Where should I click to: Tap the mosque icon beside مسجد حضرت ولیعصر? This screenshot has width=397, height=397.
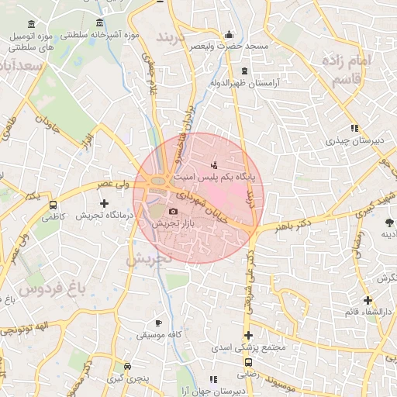pos(228,35)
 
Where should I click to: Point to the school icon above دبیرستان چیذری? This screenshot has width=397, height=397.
pos(354,128)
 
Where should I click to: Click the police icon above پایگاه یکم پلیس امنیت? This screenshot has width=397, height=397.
pos(214,165)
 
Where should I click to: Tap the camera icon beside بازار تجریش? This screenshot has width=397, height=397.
pos(173,211)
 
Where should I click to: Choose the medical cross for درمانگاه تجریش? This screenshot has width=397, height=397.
pos(105,203)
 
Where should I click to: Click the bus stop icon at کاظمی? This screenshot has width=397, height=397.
pos(53,206)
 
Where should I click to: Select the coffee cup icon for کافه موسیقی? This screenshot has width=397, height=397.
pos(159,323)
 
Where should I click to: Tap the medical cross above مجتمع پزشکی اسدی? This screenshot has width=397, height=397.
pos(248,335)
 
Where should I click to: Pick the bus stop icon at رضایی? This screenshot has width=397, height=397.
pos(248,362)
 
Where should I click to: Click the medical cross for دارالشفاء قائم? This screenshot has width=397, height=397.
pos(368,300)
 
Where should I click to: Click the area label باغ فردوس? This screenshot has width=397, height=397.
pos(50,290)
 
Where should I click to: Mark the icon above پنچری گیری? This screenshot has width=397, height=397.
pos(127,366)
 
